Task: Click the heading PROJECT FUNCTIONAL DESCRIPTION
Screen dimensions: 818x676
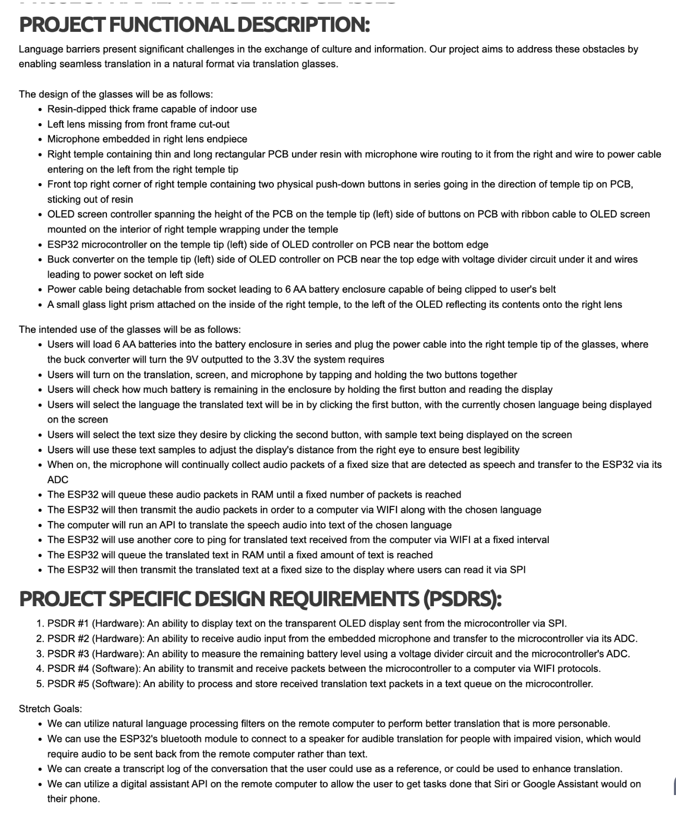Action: click(194, 25)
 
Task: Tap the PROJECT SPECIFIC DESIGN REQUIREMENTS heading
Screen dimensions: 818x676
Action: click(260, 599)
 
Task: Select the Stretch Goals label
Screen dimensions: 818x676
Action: click(50, 708)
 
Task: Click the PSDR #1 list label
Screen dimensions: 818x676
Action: click(68, 623)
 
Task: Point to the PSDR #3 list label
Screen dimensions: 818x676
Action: click(68, 654)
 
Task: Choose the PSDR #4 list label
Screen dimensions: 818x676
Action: click(68, 668)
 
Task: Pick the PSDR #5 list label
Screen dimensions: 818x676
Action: click(68, 683)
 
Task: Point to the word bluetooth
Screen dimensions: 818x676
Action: click(206, 739)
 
